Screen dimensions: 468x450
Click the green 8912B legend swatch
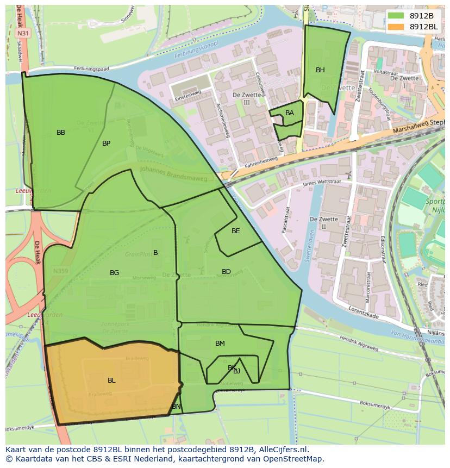click(396, 16)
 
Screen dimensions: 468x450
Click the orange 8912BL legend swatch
click(396, 27)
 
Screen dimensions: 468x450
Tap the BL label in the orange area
click(111, 380)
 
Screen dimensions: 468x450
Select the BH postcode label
click(320, 70)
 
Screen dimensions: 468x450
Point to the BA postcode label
click(290, 113)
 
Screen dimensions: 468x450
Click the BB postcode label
click(61, 133)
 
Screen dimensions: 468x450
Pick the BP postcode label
click(106, 143)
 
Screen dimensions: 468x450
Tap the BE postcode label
click(235, 231)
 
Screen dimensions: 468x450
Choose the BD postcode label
click(226, 272)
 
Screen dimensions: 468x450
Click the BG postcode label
click(114, 273)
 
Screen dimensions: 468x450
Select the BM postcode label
click(220, 344)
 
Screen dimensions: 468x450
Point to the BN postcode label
click(176, 407)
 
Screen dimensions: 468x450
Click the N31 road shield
click(23, 34)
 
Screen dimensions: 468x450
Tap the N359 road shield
click(60, 270)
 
